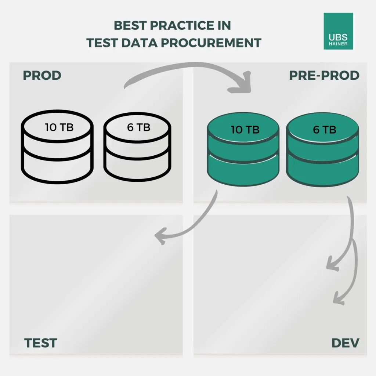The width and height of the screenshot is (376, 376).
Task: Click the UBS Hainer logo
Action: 338,31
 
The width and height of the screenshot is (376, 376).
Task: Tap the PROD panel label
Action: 42,76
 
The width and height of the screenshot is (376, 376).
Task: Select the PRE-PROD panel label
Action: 324,76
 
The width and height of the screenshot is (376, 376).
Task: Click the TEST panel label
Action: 41,343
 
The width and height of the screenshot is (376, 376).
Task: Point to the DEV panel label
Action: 345,343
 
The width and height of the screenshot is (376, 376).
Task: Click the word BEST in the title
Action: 130,25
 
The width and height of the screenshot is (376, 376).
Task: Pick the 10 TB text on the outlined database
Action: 59,127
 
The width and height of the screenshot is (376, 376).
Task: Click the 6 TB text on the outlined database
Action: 138,127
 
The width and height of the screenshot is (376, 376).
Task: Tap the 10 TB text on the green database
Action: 245,130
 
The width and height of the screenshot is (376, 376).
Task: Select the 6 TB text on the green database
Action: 325,130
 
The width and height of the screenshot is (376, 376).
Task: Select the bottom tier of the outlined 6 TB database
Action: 137,167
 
